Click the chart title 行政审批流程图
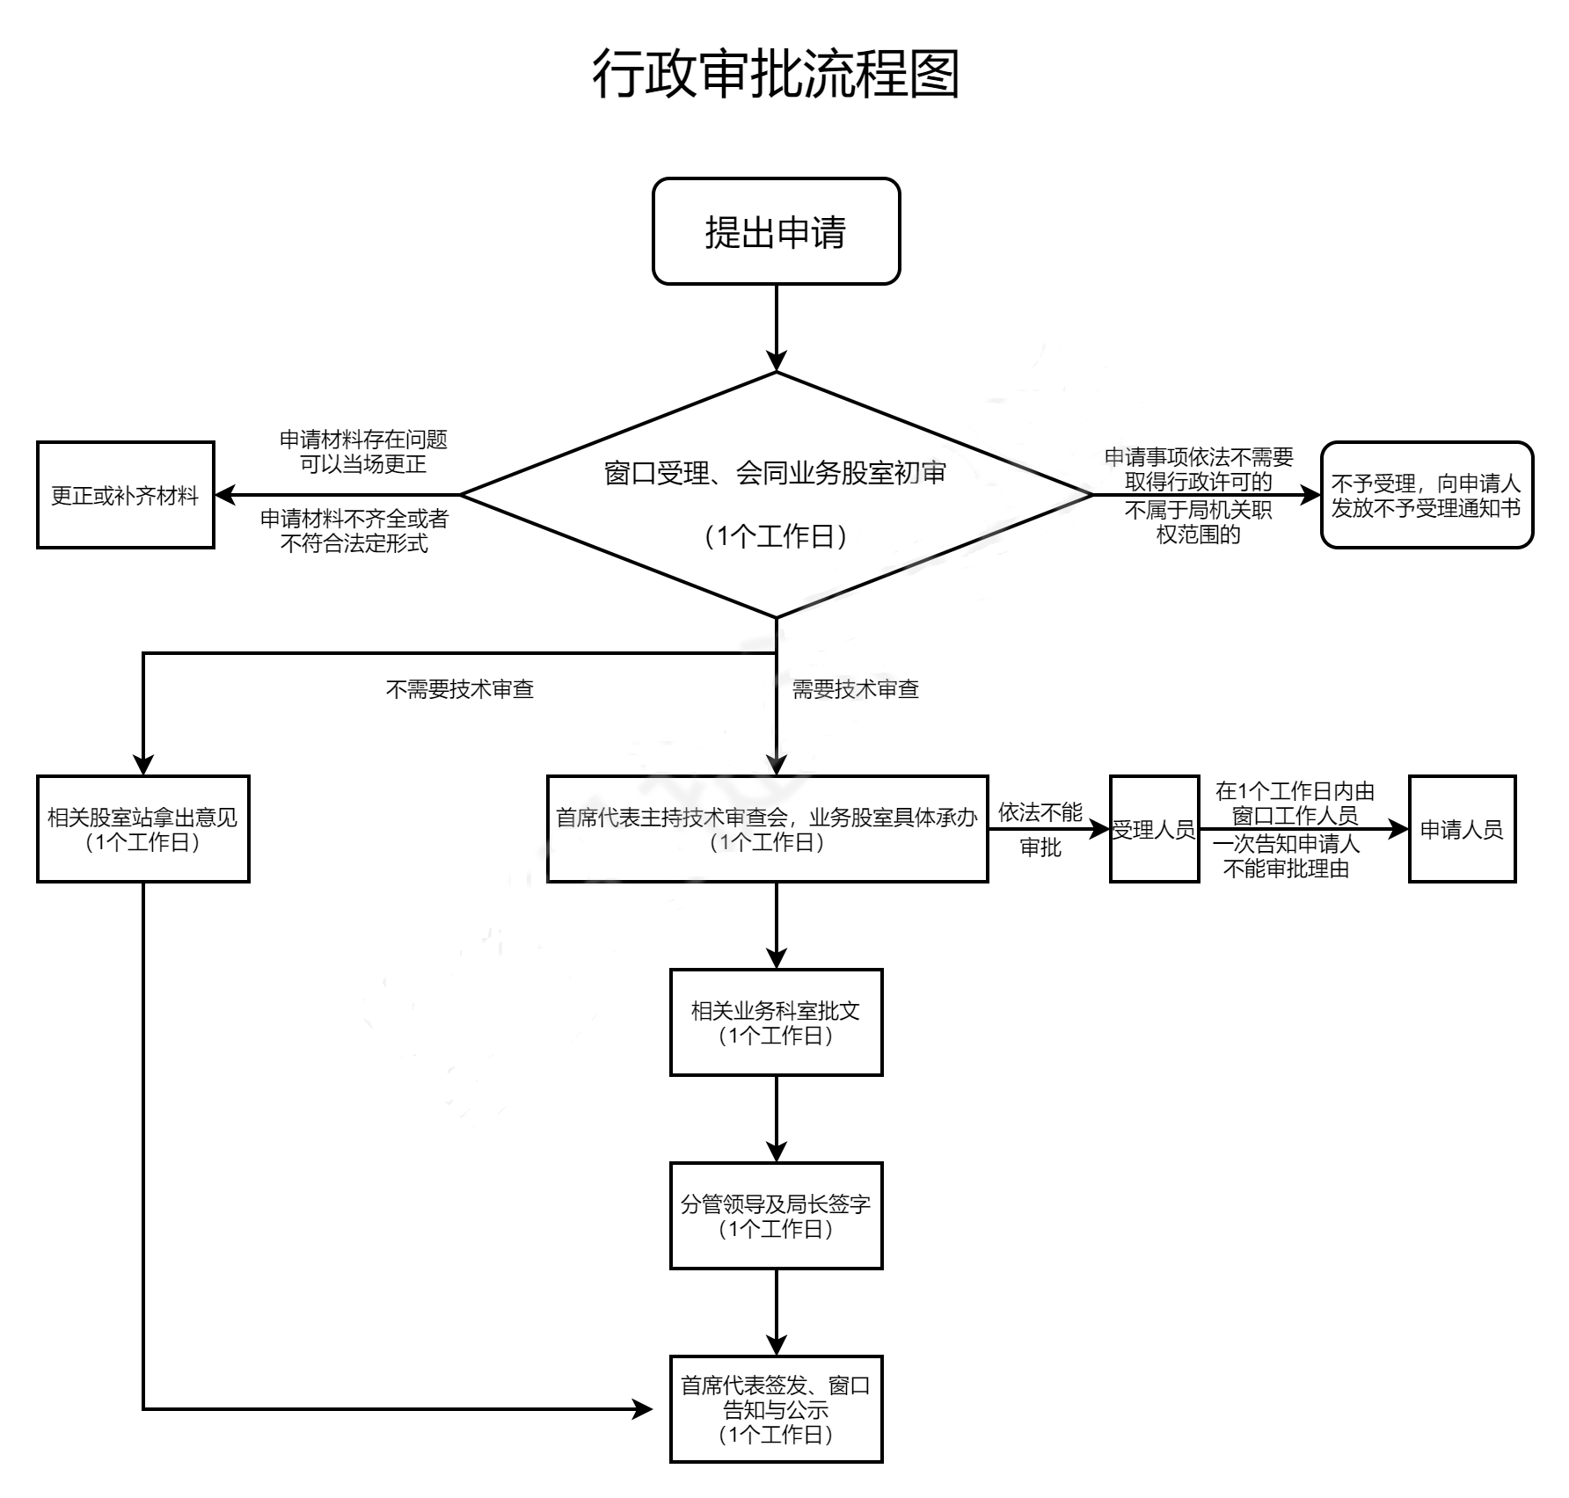point(776,73)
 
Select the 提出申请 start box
point(776,232)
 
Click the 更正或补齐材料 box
point(126,496)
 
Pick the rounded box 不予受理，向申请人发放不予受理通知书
point(1427,496)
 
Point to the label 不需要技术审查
point(460,689)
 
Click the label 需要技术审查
point(856,689)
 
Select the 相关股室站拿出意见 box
point(142,829)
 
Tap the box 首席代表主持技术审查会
point(767,829)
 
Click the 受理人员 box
point(1154,829)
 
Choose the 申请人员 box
point(1462,829)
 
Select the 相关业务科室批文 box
point(776,1022)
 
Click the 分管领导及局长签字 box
point(776,1216)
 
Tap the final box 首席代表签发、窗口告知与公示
point(776,1409)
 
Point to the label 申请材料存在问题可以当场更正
point(363,452)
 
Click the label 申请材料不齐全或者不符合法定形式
point(354,531)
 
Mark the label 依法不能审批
point(1040,830)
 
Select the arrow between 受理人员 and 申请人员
point(1303,829)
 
